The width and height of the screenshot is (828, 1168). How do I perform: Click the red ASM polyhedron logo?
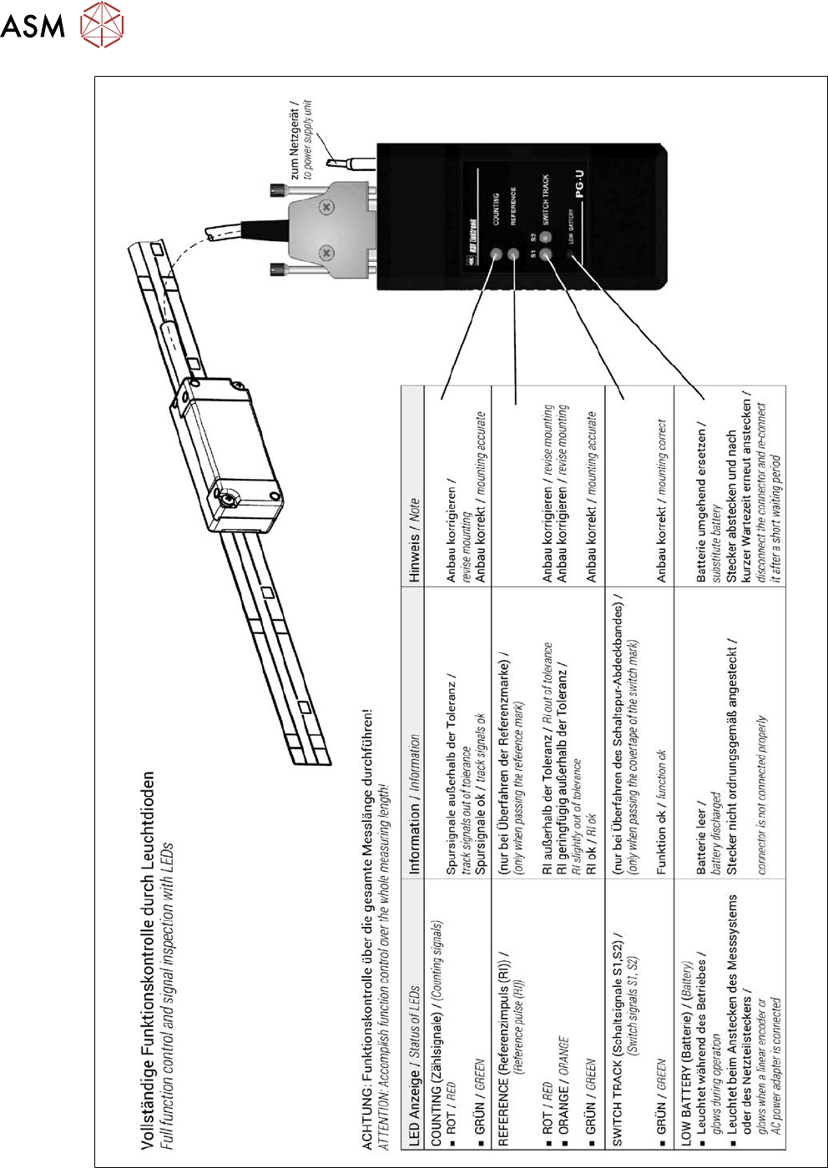click(102, 25)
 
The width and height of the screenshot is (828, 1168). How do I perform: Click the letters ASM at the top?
click(33, 26)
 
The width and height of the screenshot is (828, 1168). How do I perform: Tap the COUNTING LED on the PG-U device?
click(497, 254)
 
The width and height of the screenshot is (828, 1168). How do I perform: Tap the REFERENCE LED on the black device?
click(513, 254)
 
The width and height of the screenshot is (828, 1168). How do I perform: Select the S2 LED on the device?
click(546, 238)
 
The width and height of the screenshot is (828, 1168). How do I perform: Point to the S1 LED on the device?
click(546, 254)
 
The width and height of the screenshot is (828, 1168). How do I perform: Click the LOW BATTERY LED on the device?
click(572, 254)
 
